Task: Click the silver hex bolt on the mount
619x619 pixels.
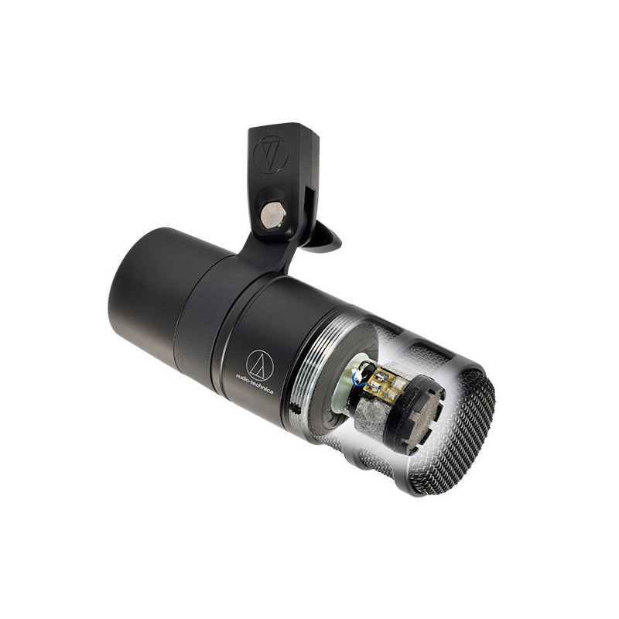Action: click(273, 216)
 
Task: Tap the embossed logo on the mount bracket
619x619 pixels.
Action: click(271, 154)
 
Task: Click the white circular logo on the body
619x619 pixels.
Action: click(259, 364)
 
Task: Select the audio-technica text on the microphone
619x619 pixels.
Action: click(255, 383)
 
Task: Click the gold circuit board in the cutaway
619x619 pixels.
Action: click(382, 381)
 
